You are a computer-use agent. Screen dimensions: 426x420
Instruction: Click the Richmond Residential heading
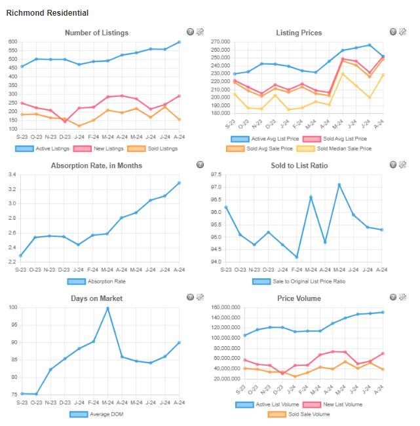47,12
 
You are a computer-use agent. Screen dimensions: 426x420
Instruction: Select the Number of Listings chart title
97,33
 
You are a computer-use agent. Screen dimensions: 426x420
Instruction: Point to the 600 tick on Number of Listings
12,42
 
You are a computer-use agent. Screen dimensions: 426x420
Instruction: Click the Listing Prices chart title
299,33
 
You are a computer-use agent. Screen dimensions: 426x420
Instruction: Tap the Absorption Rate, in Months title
96,166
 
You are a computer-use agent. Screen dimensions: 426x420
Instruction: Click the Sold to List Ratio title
299,166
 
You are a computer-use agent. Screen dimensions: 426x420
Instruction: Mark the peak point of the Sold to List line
339,185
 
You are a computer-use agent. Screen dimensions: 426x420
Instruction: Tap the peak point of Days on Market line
107,308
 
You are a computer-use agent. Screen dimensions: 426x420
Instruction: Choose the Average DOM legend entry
98,414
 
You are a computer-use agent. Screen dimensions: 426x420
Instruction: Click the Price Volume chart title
299,298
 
